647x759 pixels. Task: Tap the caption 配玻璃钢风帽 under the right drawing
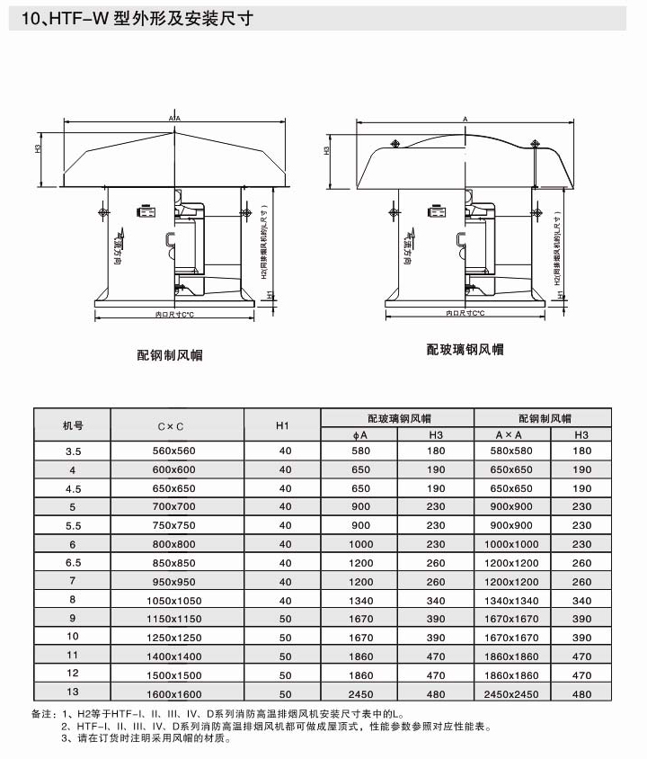465,349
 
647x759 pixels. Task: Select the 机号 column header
73,425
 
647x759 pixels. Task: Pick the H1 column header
282,425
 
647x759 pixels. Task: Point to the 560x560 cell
174,451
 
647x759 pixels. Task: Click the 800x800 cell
174,545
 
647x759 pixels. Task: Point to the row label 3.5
73,451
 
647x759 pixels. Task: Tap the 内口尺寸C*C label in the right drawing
465,313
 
